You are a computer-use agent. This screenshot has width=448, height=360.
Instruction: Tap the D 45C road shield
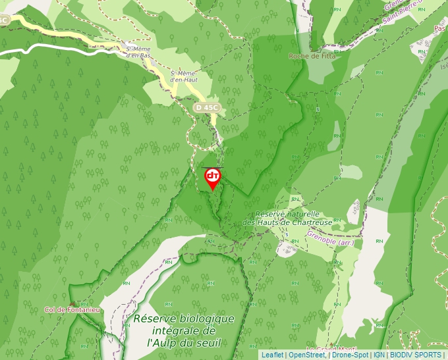206,107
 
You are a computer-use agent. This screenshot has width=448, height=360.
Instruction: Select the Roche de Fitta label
312,56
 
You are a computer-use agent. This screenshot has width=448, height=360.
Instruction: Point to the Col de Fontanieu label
72,309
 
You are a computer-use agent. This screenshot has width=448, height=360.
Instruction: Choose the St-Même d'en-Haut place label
184,76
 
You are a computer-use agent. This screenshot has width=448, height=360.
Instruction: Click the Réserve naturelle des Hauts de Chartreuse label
288,218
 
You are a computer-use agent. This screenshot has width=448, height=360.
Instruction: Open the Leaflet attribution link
272,355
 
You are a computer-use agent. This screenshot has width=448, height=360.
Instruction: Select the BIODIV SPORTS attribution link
415,355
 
